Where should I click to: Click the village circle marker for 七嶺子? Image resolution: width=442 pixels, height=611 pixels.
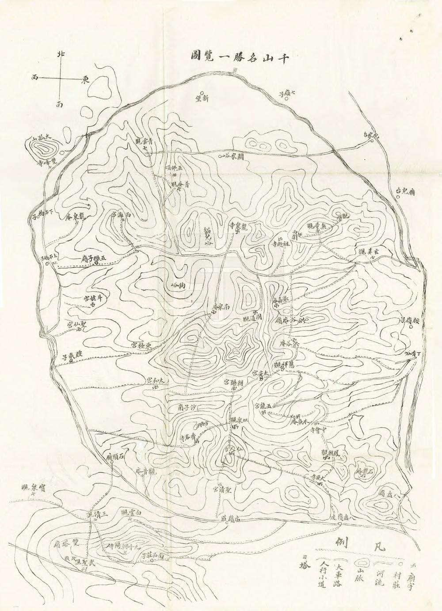click(286, 99)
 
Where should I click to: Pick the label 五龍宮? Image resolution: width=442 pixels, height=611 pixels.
click(265, 405)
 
